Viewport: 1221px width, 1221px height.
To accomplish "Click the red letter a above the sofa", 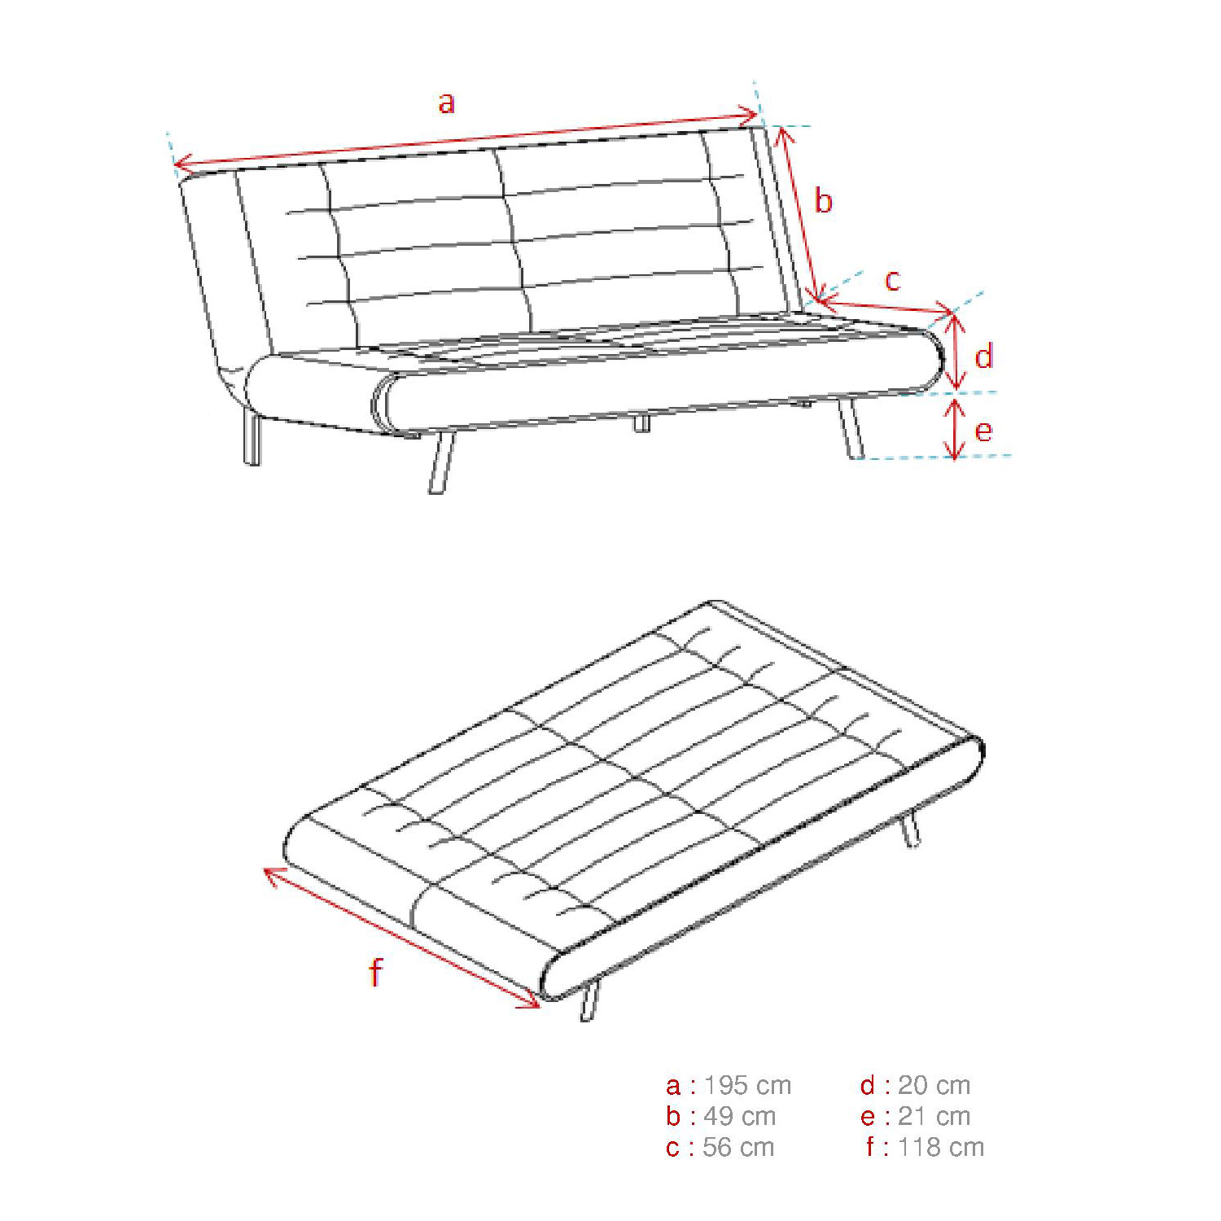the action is (x=446, y=103).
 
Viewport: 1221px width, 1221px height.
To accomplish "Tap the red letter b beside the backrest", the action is (x=824, y=200).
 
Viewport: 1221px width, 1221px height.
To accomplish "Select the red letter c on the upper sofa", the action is (x=893, y=280).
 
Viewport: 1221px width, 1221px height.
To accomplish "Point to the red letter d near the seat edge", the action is (x=984, y=357).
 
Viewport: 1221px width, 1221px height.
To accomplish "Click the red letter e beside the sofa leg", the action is (x=983, y=431).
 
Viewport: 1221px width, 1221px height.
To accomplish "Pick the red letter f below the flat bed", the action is (x=375, y=972).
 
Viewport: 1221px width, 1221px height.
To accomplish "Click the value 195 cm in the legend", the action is (x=747, y=1085).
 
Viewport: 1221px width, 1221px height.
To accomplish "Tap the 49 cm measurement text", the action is (x=739, y=1116).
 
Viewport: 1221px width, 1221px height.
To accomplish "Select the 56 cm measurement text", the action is (x=738, y=1147).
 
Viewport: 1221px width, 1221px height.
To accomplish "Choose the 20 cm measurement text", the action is (x=934, y=1085).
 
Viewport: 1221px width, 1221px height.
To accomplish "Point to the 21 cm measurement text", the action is (x=934, y=1116).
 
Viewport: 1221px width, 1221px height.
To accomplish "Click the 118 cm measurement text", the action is (x=941, y=1147).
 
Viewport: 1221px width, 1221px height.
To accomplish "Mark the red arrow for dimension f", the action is (x=401, y=938).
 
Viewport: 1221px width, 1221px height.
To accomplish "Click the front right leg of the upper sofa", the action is (x=851, y=428).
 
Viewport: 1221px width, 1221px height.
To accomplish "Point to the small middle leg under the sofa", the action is (x=642, y=422).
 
